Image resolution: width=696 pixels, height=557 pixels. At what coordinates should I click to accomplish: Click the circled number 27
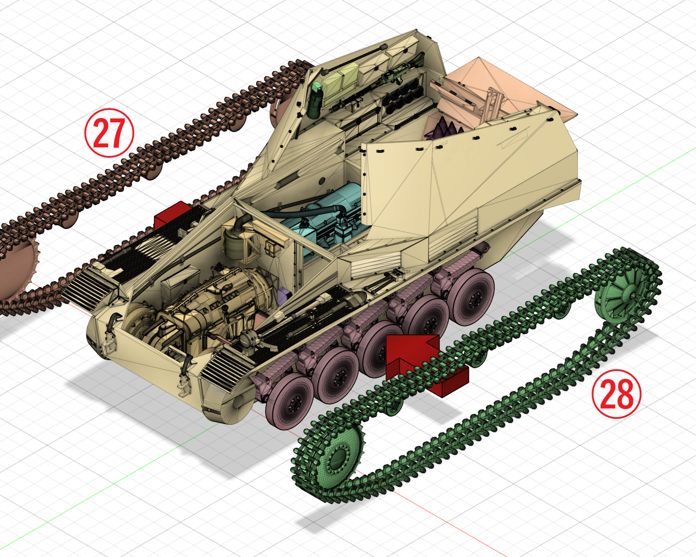(109, 133)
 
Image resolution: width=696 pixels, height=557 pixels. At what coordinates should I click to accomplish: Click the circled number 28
(616, 394)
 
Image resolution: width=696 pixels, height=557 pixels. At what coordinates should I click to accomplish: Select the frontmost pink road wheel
(289, 401)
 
